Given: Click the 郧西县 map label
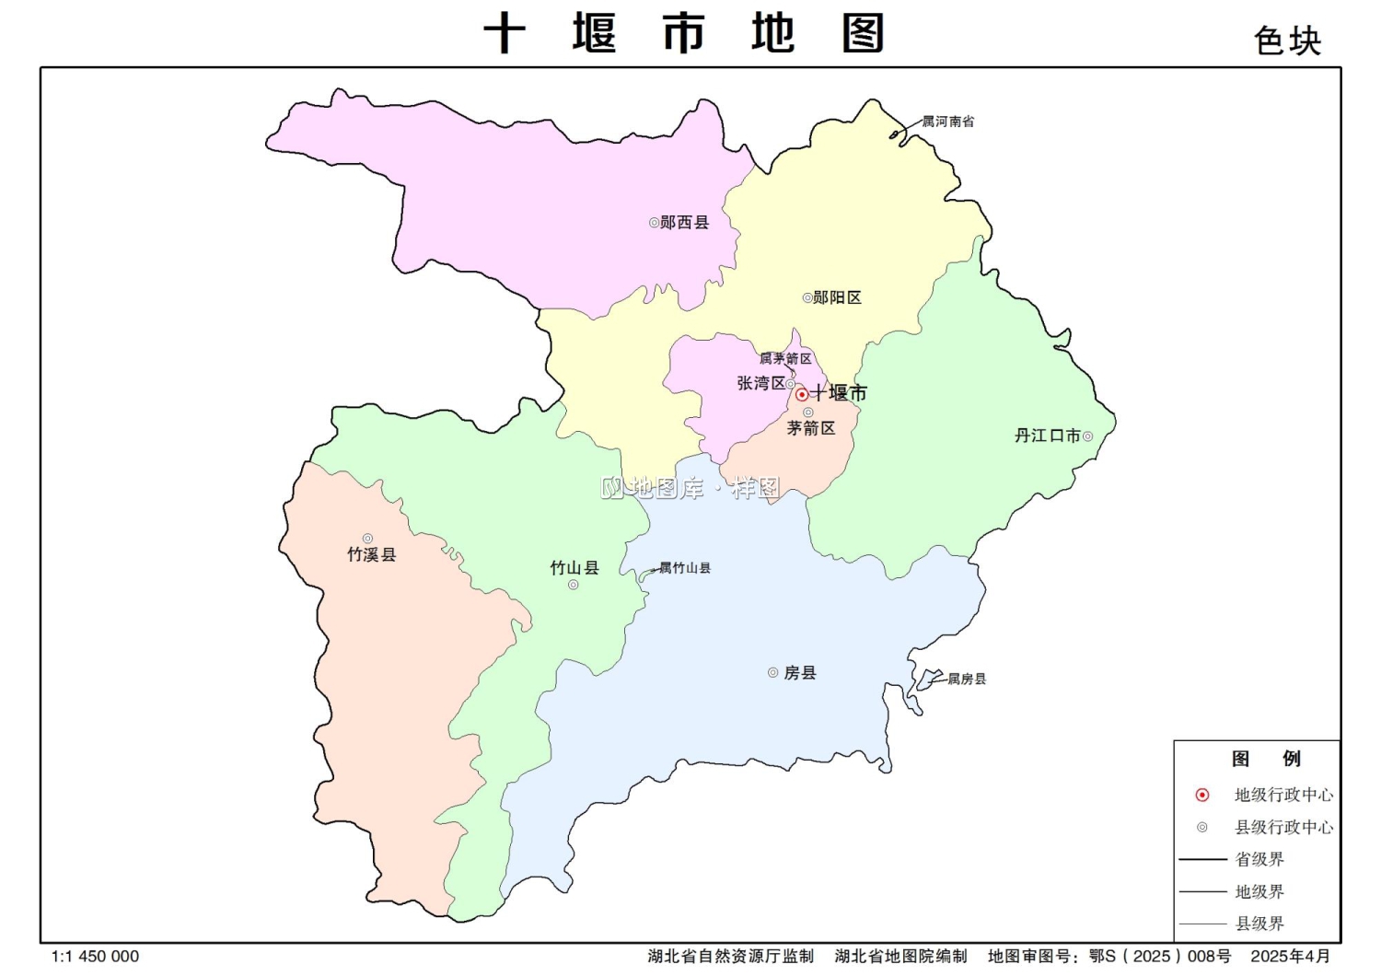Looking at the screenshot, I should [x=685, y=223].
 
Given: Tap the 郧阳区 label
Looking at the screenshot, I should [x=837, y=298].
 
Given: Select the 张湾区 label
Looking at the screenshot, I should [x=760, y=383].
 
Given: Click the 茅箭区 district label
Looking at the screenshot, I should [x=811, y=428].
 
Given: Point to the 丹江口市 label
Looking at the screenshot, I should [x=1047, y=436].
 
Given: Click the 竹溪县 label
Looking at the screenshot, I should [x=371, y=554].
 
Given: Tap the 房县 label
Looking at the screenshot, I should [x=800, y=673].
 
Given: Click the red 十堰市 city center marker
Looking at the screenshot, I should [x=802, y=394].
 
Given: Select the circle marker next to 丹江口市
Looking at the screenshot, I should [x=1087, y=436].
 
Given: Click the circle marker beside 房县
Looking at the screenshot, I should [x=772, y=673].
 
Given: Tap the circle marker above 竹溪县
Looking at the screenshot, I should [x=367, y=539].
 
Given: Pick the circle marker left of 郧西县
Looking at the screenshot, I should [x=654, y=223].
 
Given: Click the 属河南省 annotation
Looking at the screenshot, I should [x=948, y=122].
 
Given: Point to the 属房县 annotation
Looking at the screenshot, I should [x=967, y=680].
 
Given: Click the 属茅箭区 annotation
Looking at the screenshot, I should [x=785, y=359].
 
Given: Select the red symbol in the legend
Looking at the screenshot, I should [x=1201, y=795].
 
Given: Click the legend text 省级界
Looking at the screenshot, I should [x=1259, y=859].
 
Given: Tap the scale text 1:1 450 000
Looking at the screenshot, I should [x=95, y=957].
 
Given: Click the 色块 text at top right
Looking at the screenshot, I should [x=1287, y=41].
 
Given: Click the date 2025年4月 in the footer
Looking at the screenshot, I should [x=1290, y=957].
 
